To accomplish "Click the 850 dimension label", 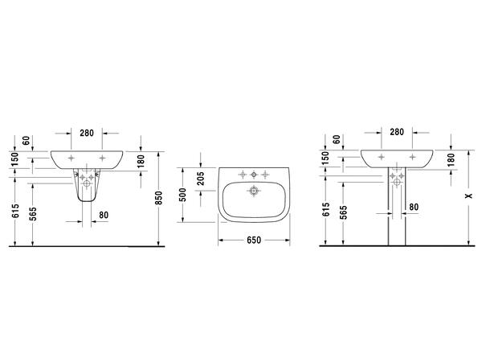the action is (159, 198).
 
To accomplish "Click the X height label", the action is (468, 195).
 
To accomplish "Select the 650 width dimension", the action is (254, 240).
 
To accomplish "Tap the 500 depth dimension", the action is (183, 195).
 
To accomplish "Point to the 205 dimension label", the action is (201, 179).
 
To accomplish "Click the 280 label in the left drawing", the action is (87, 133).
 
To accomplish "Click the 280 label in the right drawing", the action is (397, 132).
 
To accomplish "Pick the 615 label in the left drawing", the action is (15, 211).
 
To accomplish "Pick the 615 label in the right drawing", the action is (326, 209).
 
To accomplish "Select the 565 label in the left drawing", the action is (33, 214).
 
